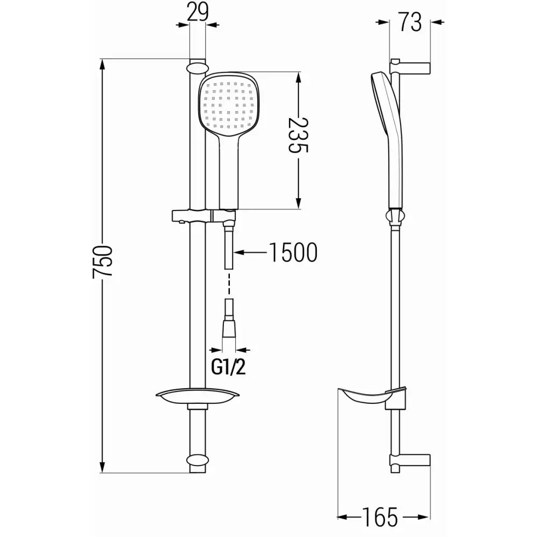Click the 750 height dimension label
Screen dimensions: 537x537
103,261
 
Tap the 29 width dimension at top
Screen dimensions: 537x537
198,12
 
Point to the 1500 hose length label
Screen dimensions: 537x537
293,252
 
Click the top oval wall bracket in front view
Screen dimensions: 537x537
197,68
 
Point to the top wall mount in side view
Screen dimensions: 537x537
411,67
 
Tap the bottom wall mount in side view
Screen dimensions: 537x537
411,461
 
